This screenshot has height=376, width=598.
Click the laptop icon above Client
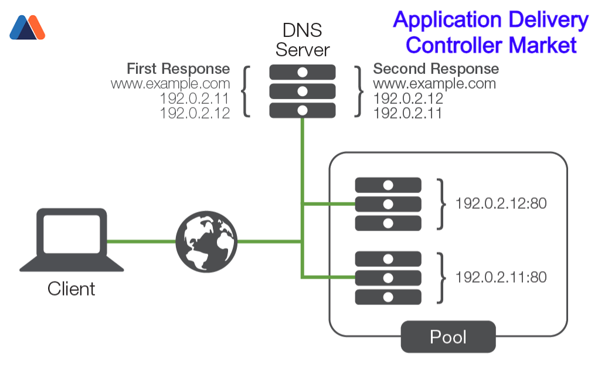[x=72, y=240]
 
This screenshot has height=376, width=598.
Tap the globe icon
[x=206, y=241]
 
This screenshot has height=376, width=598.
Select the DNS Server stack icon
[x=303, y=91]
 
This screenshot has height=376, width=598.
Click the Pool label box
[x=448, y=337]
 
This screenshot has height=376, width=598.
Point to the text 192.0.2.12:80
[x=501, y=204]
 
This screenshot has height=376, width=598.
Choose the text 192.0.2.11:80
[x=501, y=276]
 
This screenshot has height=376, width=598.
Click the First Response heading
[x=178, y=69]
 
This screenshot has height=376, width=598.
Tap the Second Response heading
[x=436, y=69]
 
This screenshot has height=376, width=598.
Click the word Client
[x=72, y=289]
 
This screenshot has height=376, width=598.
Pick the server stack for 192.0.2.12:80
[x=388, y=204]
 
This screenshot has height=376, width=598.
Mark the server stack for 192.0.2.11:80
[x=388, y=277]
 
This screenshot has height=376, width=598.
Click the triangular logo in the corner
[x=27, y=28]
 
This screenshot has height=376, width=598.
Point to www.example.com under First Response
[x=170, y=83]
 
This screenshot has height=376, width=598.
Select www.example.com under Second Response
[x=434, y=83]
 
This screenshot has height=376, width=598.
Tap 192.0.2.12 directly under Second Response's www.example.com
[x=408, y=98]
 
